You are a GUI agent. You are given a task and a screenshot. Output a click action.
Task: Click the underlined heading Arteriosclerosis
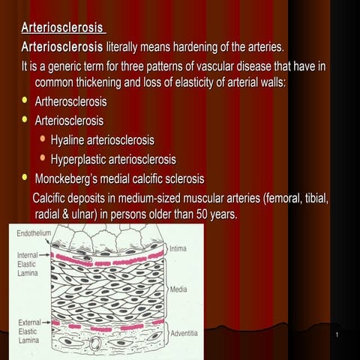(63, 29)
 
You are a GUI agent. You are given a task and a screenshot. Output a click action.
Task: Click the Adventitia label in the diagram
(185, 332)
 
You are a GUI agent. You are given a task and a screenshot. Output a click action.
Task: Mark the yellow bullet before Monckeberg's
(25, 178)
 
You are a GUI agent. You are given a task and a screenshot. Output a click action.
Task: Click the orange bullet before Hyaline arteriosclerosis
(43, 139)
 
